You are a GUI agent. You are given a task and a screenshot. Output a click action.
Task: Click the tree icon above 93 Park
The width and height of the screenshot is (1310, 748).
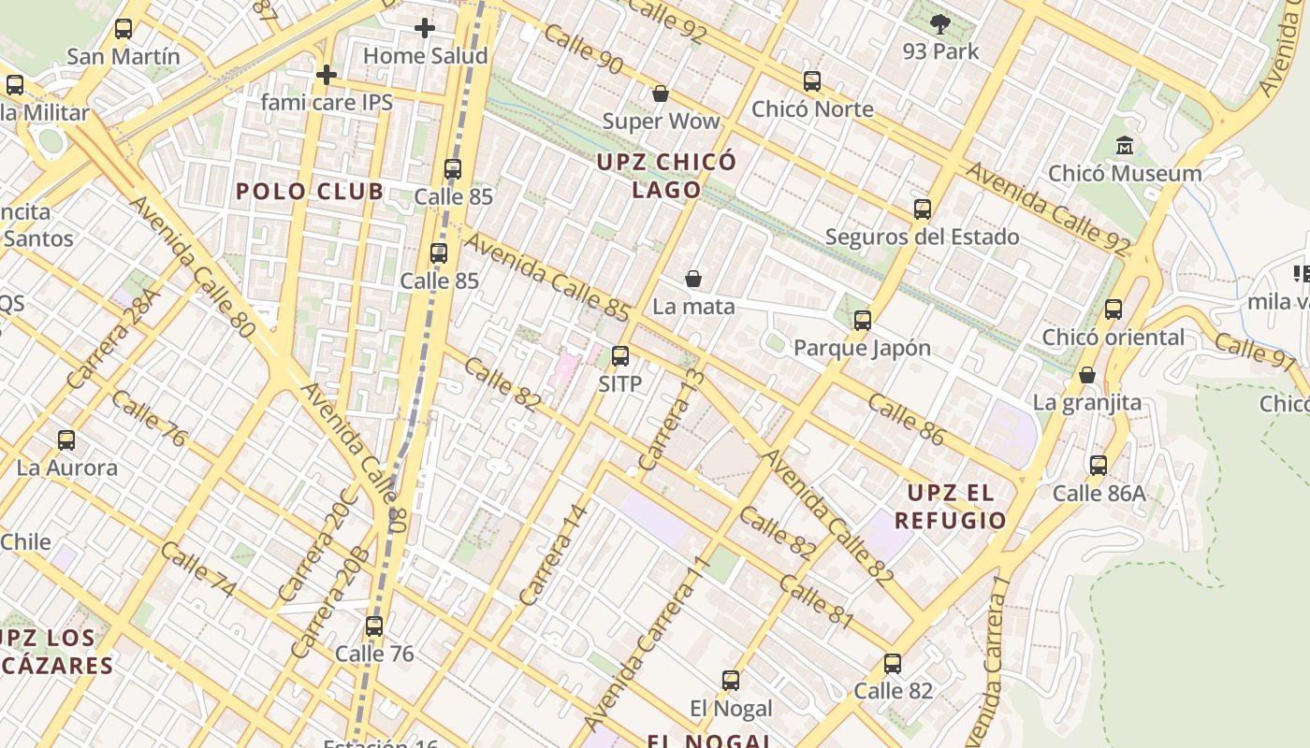tap(940, 23)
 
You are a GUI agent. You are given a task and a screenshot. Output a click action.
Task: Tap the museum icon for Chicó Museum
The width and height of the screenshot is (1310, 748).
tap(1125, 146)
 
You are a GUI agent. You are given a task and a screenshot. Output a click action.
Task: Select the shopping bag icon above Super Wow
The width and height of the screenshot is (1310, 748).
tap(661, 93)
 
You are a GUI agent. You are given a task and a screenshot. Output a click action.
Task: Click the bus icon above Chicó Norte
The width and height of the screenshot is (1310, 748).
tap(812, 81)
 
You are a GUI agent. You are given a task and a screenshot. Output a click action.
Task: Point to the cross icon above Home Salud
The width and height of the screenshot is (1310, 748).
tap(425, 28)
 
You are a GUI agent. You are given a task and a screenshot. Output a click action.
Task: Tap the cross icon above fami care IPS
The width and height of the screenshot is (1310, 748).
tap(327, 74)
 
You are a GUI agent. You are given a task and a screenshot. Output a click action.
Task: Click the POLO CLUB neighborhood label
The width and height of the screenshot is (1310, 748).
tap(310, 192)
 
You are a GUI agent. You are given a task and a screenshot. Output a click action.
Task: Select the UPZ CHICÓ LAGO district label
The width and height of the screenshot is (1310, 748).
tap(667, 175)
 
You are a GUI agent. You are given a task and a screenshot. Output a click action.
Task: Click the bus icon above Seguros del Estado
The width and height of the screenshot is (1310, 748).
tap(923, 209)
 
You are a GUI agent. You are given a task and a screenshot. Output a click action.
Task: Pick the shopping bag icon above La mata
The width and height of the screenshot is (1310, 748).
tap(693, 279)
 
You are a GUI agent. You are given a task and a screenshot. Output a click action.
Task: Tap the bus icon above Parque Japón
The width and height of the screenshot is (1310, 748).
tap(863, 321)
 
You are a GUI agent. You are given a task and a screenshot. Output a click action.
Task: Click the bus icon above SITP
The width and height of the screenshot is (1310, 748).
tap(620, 356)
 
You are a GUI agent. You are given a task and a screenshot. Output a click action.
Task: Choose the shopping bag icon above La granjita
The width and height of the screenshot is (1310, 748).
tap(1087, 375)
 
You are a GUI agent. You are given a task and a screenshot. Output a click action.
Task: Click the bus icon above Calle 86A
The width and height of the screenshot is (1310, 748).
tap(1099, 465)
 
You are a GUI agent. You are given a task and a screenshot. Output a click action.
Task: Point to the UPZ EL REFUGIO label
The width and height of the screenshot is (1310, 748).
tap(951, 507)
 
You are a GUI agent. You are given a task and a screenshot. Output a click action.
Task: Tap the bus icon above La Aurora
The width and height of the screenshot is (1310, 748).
tap(66, 440)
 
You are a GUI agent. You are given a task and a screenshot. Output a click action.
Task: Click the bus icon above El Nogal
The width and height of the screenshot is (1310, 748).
tap(731, 681)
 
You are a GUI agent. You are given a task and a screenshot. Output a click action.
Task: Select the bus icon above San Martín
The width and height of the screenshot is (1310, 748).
tap(124, 29)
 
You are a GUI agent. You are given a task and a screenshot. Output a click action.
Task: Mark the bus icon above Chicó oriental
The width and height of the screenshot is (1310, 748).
tap(1113, 309)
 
